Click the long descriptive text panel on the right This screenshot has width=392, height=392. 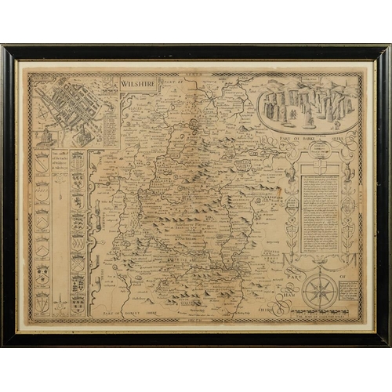321,212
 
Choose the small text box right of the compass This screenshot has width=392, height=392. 350,292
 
